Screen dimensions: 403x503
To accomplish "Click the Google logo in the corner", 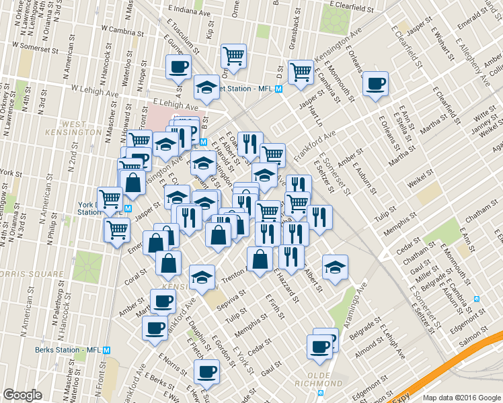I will click(x=22, y=395).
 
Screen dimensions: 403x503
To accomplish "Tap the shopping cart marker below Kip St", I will click(x=233, y=56).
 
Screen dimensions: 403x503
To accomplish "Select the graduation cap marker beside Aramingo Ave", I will click(x=334, y=266).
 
